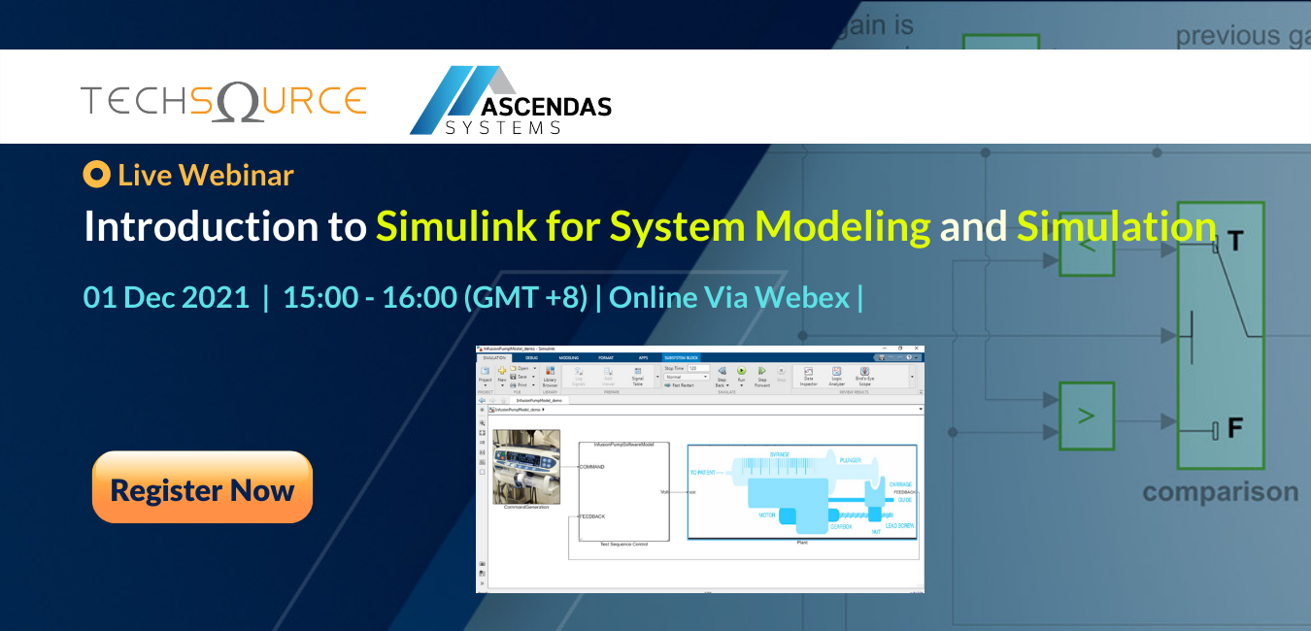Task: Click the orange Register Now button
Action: [202, 488]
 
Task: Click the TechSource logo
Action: [223, 101]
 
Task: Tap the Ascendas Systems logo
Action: [510, 101]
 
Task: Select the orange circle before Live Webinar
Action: [96, 175]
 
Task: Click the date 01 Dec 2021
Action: [166, 296]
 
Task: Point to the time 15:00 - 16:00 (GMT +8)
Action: [435, 296]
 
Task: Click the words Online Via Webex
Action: [729, 296]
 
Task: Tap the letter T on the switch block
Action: [1235, 242]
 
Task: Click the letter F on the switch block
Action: [1236, 427]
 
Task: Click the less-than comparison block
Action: [1087, 247]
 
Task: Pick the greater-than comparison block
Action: [1087, 416]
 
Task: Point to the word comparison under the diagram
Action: [1220, 491]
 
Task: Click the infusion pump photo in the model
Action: [527, 467]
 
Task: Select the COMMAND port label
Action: [592, 467]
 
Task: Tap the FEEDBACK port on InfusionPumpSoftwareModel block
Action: [592, 516]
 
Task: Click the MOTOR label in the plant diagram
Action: [766, 515]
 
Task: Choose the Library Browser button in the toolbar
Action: [550, 377]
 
